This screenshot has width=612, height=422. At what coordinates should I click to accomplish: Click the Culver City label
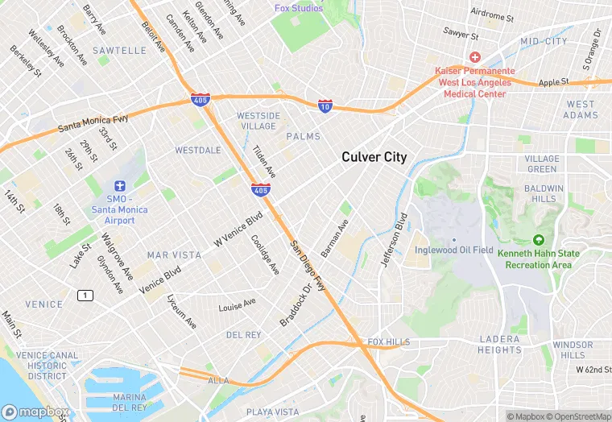coord(374,157)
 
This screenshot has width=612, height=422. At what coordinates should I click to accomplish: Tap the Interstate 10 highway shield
coord(325,106)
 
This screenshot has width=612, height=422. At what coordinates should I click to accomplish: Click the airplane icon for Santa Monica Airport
coord(120,187)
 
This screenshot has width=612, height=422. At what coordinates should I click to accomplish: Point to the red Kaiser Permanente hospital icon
coord(475,58)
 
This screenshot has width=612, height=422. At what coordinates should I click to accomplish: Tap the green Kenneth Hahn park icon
coord(538,240)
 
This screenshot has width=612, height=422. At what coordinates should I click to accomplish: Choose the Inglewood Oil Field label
coord(453,250)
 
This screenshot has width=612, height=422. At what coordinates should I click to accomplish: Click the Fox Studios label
coord(298,8)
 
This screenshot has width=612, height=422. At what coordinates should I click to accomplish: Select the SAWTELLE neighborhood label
coord(119,50)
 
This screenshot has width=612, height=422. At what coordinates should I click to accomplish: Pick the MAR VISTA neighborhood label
coord(174,254)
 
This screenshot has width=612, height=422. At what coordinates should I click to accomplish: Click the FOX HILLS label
coord(388,342)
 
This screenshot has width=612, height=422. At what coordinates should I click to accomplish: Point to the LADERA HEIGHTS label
coord(499,345)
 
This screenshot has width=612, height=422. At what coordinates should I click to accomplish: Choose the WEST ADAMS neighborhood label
coord(581,110)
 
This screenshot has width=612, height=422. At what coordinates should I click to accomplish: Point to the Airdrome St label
coord(491,15)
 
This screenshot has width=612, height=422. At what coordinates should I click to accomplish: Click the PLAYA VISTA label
coord(272,412)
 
